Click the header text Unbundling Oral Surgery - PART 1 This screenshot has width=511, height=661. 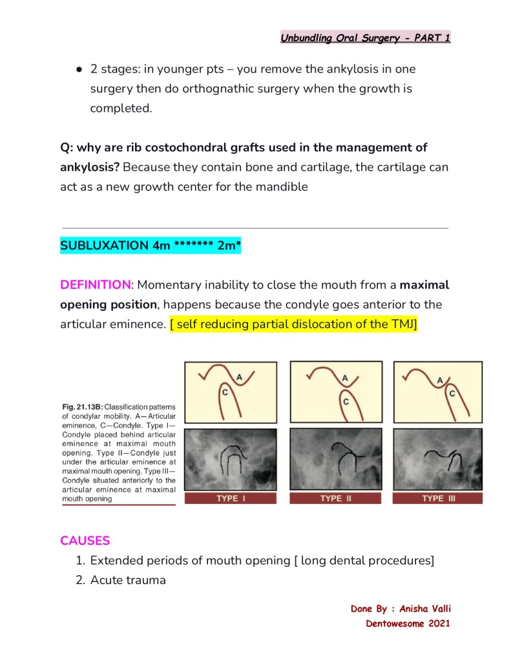[x=365, y=38]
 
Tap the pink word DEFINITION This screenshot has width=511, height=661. [x=96, y=285]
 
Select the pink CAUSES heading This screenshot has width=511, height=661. [x=85, y=541]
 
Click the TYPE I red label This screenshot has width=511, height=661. [x=231, y=499]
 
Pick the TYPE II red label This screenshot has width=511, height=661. [x=335, y=499]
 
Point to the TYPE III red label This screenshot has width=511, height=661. [x=438, y=499]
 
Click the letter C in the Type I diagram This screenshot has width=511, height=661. [x=225, y=392]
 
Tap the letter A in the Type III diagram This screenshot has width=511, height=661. [x=439, y=381]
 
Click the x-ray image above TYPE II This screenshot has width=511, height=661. [x=335, y=459]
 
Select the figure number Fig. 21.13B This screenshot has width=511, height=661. [x=82, y=407]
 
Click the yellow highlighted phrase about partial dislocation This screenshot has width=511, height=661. [x=294, y=324]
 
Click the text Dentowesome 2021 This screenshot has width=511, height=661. [x=408, y=624]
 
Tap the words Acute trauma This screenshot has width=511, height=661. [x=128, y=580]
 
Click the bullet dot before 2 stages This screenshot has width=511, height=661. [x=78, y=69]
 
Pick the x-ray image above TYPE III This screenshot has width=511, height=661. [x=438, y=459]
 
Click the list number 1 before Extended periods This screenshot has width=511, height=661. [x=80, y=561]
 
